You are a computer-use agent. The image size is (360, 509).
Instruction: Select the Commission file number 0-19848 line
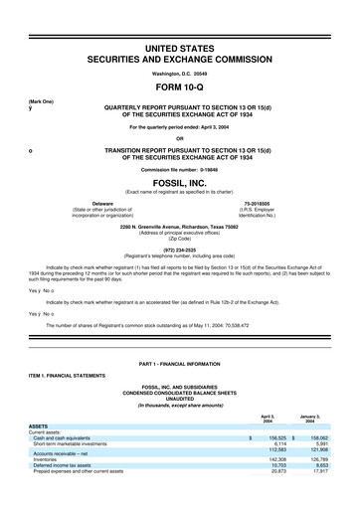coord(180,163)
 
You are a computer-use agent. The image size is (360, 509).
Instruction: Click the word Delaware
coord(95,202)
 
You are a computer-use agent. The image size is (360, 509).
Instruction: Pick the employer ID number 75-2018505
coord(264,202)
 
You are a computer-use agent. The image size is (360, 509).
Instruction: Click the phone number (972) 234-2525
coord(180,249)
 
